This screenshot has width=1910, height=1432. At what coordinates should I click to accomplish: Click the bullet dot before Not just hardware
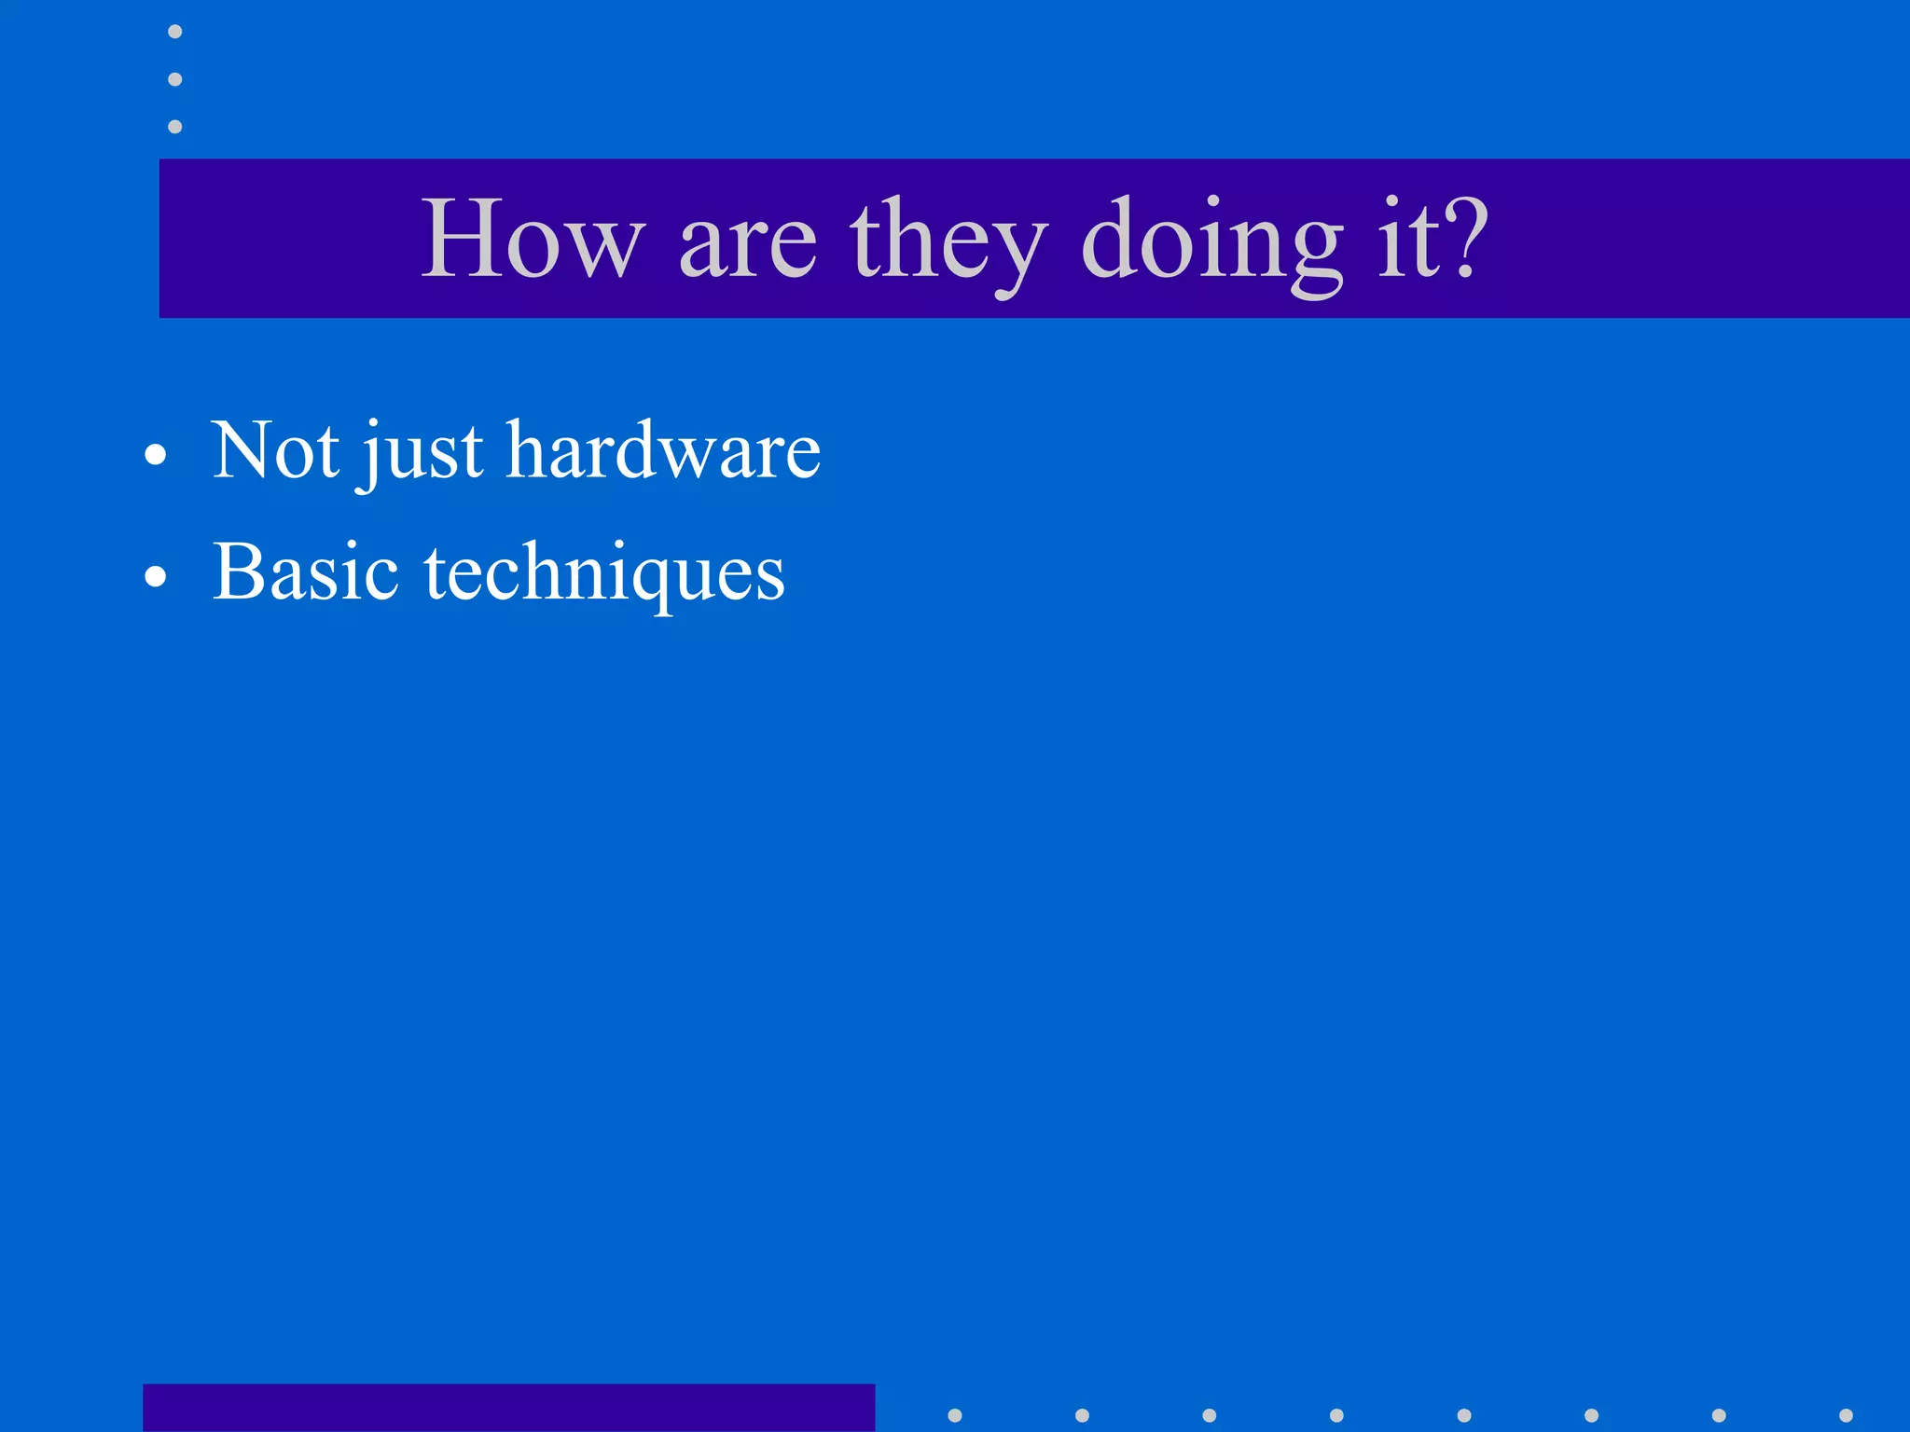[156, 456]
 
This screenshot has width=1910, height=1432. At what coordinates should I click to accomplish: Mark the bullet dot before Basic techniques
[156, 577]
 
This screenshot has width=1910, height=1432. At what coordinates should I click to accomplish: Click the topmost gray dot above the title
[174, 32]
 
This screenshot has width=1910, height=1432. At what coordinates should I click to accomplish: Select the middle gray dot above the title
[174, 79]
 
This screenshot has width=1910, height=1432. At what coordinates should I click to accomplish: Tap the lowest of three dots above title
[174, 126]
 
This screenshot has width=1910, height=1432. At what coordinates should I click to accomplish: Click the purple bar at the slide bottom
[508, 1408]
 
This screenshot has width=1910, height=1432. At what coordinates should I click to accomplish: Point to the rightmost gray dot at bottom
[1846, 1415]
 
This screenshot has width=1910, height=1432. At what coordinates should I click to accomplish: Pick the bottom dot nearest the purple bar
[954, 1415]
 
